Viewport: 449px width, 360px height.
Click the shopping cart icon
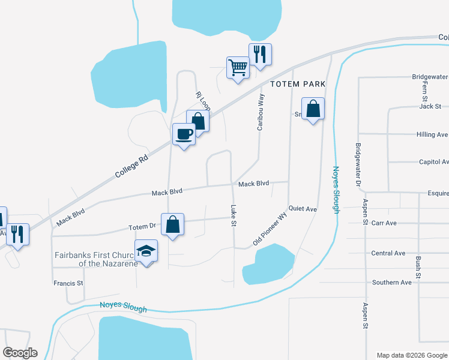(x=238, y=68)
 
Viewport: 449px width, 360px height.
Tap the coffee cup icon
(x=184, y=134)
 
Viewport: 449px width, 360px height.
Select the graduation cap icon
(x=146, y=250)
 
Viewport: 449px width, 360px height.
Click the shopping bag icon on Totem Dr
(x=172, y=225)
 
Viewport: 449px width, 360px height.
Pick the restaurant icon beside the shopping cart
(x=260, y=55)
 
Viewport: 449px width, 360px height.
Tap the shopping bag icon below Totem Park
(x=313, y=109)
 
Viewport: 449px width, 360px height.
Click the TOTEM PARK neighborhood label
(x=297, y=84)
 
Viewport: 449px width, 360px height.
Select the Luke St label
(x=234, y=216)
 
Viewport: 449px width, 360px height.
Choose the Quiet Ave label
(x=303, y=209)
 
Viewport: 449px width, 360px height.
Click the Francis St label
(x=68, y=283)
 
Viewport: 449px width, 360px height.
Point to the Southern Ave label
(x=391, y=282)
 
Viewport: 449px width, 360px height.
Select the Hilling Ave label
(x=432, y=134)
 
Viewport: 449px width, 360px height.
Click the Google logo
(x=20, y=353)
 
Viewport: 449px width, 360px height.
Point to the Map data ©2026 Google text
(x=411, y=355)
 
